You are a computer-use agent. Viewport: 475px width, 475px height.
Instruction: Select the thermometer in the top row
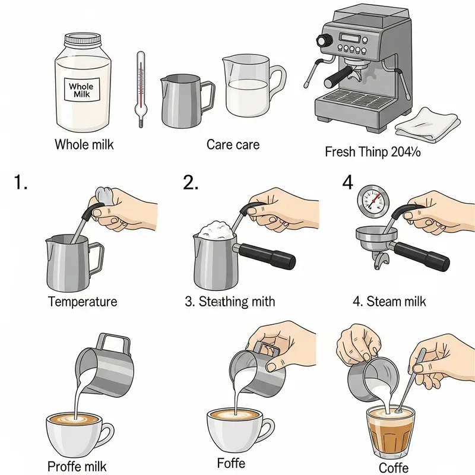coord(140,89)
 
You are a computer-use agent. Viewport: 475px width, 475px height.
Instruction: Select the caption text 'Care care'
coord(233,144)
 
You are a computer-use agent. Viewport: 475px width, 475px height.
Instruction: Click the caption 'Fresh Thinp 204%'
coord(372,152)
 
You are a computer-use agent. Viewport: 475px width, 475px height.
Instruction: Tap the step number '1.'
coord(21,182)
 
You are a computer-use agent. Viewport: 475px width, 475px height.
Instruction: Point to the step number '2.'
coord(191,182)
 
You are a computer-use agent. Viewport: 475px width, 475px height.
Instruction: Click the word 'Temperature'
coord(83,302)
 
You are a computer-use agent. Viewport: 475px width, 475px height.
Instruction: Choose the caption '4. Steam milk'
coord(389,302)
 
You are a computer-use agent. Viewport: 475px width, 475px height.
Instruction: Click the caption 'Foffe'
coord(230,462)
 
